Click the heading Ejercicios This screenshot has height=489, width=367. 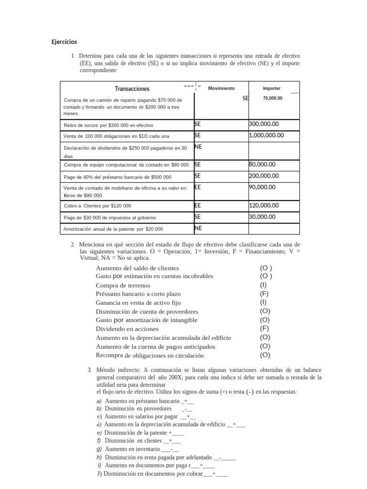(64, 42)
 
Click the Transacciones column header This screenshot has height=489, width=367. (132, 89)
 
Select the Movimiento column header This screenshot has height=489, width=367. (221, 88)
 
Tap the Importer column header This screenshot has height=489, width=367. (272, 88)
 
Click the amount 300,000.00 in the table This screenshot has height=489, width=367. (264, 124)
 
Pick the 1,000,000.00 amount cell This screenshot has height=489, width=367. (266, 135)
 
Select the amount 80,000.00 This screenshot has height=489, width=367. (262, 164)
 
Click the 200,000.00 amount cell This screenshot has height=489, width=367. (264, 176)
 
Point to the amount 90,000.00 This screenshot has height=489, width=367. (262, 187)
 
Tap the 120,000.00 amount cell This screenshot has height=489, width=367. (264, 205)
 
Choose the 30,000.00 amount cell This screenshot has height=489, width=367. (262, 217)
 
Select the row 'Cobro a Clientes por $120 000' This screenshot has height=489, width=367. (97, 206)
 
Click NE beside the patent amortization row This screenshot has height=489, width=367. (198, 228)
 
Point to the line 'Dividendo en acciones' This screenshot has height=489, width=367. (127, 329)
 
